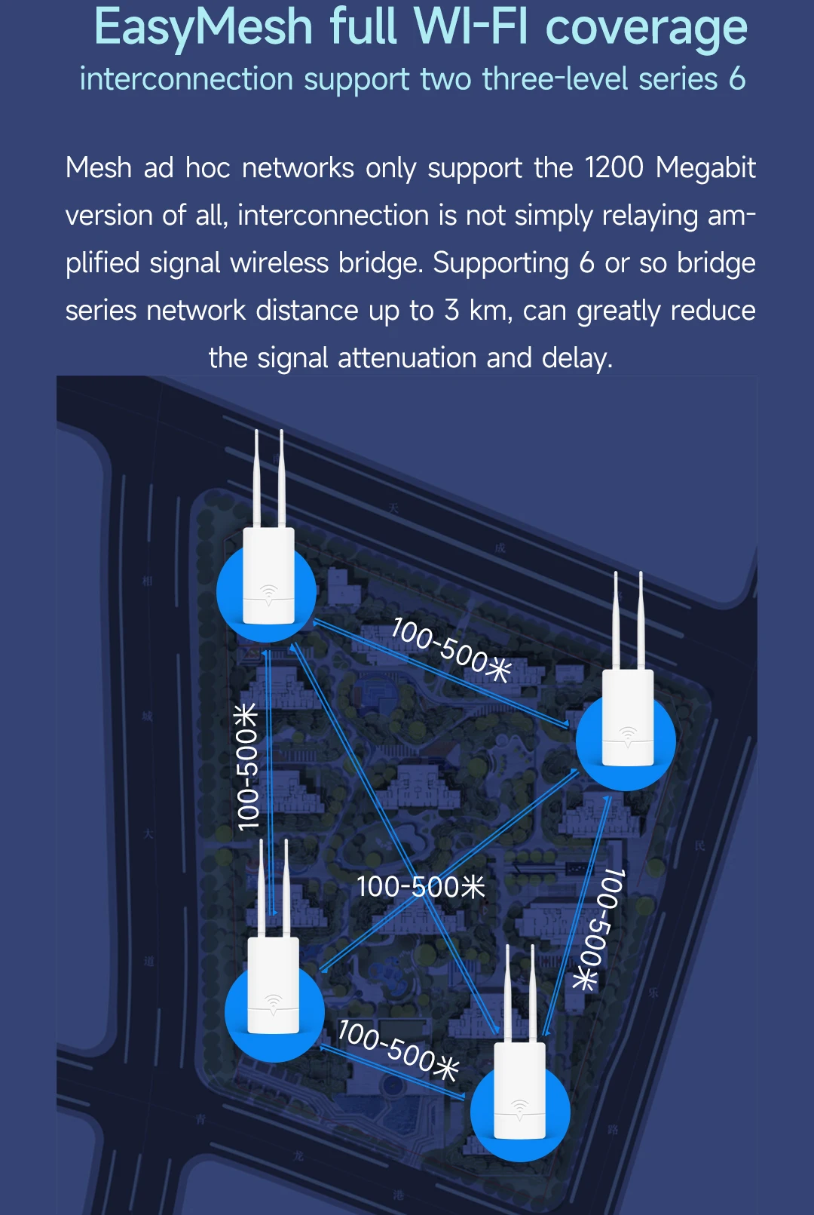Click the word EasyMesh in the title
(203, 28)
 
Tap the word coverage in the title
(646, 28)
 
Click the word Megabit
(705, 168)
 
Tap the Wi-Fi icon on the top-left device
(268, 592)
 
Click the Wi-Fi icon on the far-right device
(627, 733)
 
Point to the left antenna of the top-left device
(257, 479)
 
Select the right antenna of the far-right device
(641, 620)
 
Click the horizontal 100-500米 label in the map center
(421, 887)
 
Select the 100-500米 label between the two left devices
(247, 766)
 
